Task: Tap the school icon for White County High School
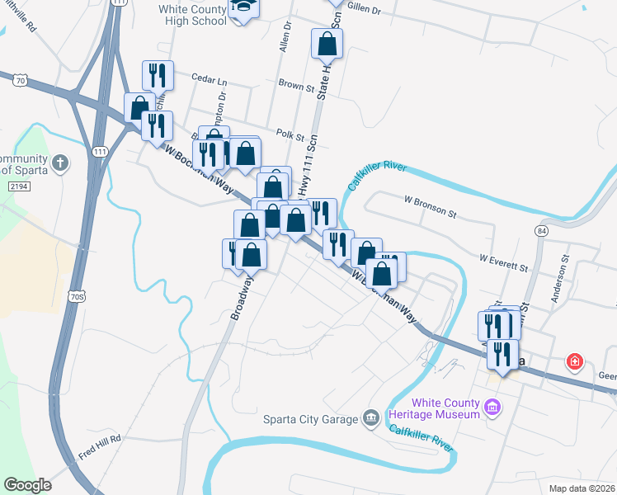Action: click(243, 7)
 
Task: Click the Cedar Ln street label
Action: click(208, 81)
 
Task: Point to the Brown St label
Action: click(297, 84)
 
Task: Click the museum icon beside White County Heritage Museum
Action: click(493, 407)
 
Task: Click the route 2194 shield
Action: click(20, 189)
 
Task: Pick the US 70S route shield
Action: click(76, 295)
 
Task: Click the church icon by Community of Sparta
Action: click(59, 162)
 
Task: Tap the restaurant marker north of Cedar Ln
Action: click(157, 75)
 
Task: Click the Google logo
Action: click(27, 485)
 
